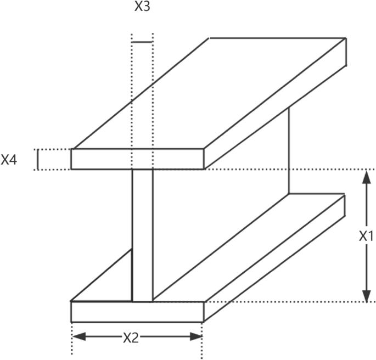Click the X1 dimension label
click(366, 236)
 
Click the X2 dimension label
click(130, 337)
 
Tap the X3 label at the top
click(142, 8)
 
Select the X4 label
click(9, 160)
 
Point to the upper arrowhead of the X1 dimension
click(366, 175)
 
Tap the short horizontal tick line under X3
click(142, 42)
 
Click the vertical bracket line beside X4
click(37, 159)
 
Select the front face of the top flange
click(137, 159)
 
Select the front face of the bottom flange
click(137, 312)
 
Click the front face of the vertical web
click(142, 236)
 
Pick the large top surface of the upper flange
click(209, 93)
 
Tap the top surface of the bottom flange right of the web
click(247, 247)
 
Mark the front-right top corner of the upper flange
click(204, 149)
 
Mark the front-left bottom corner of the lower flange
click(71, 322)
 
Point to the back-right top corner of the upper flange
click(345, 38)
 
